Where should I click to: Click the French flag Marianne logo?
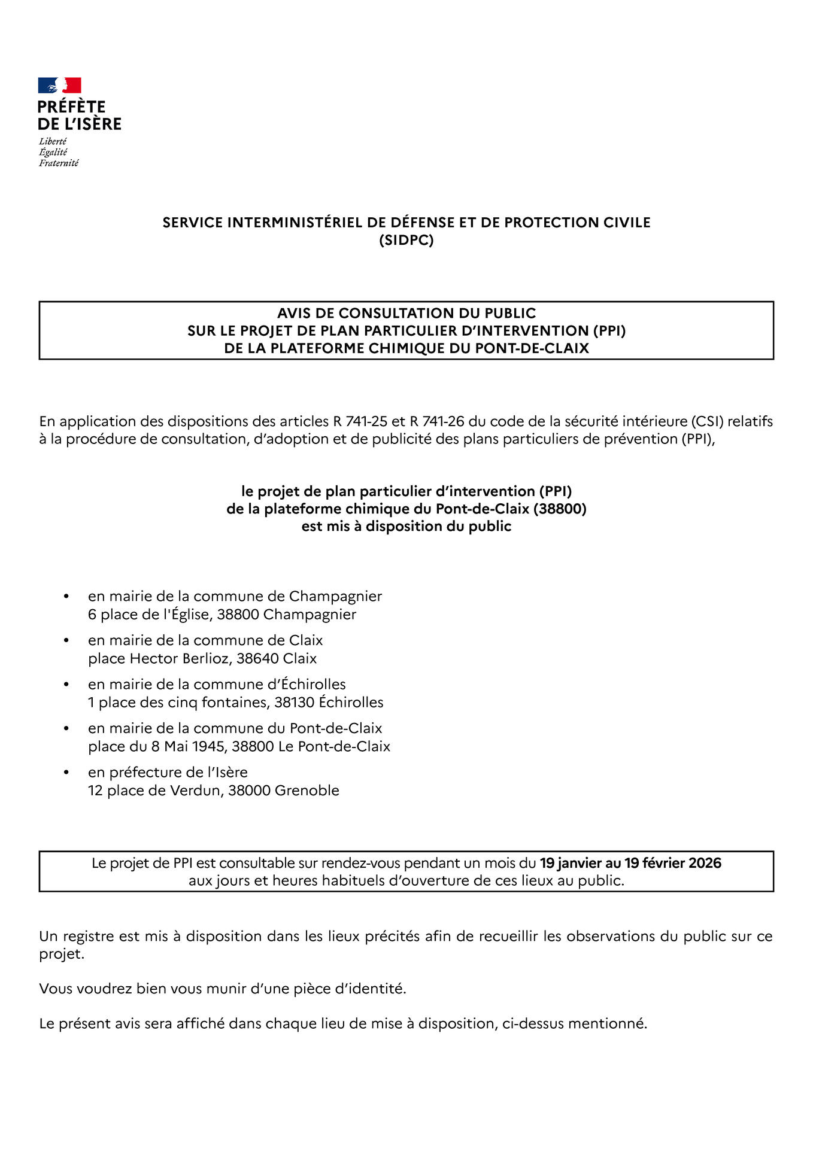(x=59, y=86)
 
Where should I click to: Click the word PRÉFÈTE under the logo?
(x=71, y=107)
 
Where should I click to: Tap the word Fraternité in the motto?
(x=59, y=163)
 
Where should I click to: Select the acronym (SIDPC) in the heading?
(x=406, y=240)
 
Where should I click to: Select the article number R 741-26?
(x=437, y=421)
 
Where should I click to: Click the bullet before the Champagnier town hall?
(x=66, y=597)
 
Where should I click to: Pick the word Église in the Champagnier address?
(x=189, y=615)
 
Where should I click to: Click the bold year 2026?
(x=705, y=863)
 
